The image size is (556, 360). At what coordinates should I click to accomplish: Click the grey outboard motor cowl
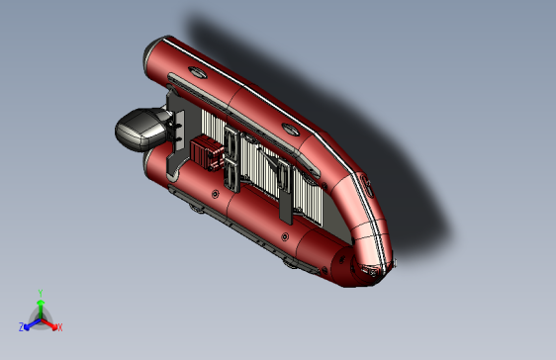point(140,129)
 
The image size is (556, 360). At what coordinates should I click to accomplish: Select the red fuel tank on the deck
point(207,152)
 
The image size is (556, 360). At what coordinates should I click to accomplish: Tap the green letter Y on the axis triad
point(41,293)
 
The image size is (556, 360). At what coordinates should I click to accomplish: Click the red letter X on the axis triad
point(60,327)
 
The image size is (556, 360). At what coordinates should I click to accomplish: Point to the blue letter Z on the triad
point(22,327)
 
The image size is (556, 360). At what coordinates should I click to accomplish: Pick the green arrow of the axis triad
point(41,309)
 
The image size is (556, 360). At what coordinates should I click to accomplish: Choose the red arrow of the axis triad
point(48,323)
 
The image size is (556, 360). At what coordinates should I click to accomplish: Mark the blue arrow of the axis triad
point(33,323)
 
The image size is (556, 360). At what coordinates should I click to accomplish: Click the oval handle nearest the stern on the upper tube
point(197,72)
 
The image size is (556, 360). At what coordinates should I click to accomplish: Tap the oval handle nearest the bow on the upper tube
point(291,130)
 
